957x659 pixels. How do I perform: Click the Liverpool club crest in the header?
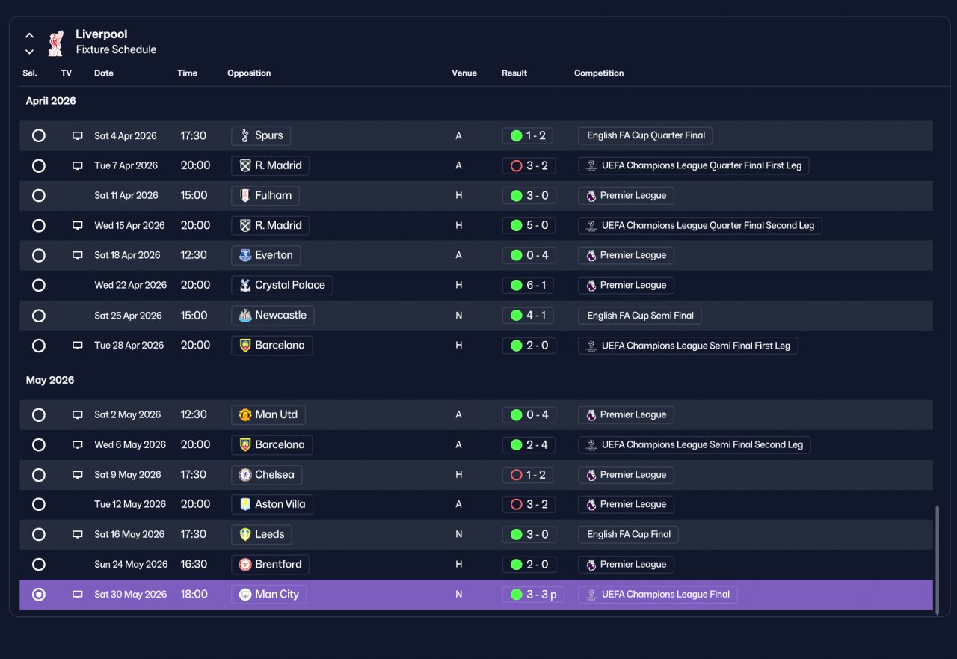[56, 43]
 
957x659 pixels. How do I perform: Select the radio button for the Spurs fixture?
[38, 135]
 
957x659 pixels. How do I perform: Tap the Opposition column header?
[249, 73]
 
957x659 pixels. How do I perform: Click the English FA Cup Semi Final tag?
[639, 316]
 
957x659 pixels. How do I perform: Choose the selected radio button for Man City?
[38, 594]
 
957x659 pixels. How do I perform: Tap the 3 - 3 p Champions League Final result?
[533, 594]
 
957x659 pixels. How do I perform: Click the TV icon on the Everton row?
[77, 255]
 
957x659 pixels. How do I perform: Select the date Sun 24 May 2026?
[131, 564]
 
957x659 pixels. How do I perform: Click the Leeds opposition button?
[262, 534]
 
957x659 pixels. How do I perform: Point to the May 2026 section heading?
[50, 380]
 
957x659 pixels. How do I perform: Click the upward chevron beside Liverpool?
[29, 35]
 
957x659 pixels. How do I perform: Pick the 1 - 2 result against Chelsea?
[528, 474]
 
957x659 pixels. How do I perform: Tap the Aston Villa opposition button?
[272, 504]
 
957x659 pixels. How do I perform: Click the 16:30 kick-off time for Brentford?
[194, 564]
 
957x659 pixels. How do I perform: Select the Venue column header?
[464, 73]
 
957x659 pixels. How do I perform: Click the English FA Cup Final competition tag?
[628, 534]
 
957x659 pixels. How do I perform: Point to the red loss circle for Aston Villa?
[516, 504]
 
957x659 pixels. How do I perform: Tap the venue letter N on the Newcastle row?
[458, 316]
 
